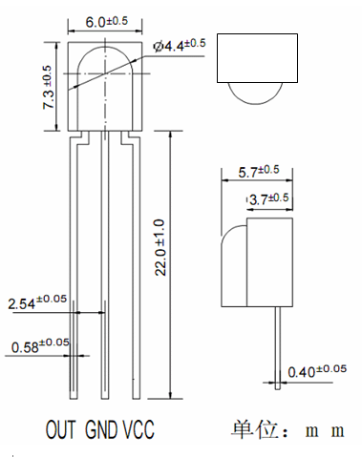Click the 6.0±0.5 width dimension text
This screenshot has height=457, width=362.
point(107,22)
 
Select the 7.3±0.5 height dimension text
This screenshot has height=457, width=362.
point(48,88)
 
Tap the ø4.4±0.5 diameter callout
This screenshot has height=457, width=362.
point(180,45)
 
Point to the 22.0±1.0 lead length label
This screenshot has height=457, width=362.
point(160,247)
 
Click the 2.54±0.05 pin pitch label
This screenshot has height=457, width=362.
point(37,301)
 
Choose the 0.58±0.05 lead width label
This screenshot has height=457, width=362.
point(40,345)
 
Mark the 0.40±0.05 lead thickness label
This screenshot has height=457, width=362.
point(317,371)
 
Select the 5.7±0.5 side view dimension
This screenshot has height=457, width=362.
point(259,172)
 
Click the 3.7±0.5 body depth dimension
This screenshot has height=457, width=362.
point(269,199)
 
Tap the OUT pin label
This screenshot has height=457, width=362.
point(60,429)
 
